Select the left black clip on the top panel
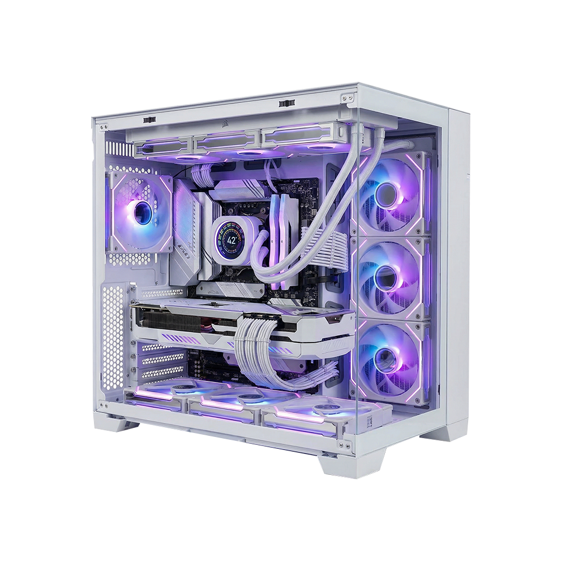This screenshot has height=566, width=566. click(x=149, y=119)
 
